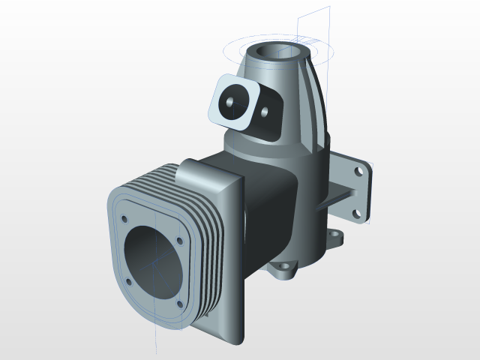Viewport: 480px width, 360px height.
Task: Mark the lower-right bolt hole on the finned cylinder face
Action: click(178, 304)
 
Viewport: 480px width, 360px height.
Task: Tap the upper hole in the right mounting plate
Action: click(358, 172)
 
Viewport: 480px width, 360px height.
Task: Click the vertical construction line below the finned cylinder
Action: click(154, 341)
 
